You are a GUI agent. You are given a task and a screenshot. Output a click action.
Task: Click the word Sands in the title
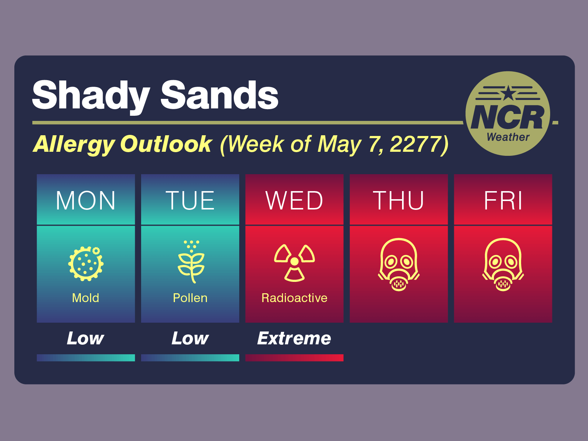[x=219, y=96]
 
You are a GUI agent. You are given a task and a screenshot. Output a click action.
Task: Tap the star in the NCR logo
[x=508, y=93]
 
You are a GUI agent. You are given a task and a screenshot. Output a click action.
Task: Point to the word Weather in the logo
[x=508, y=137]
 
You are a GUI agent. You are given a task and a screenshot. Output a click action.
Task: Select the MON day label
[x=86, y=201]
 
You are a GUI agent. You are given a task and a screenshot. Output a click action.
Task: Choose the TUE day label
[x=190, y=201]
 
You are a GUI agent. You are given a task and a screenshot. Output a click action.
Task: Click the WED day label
[x=294, y=201]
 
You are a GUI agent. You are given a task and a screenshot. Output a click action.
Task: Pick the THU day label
[x=399, y=201]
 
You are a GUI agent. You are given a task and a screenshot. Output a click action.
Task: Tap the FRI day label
[x=503, y=201]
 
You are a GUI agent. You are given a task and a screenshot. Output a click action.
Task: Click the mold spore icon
[x=86, y=263]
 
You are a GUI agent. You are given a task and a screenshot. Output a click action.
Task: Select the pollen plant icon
[x=191, y=262]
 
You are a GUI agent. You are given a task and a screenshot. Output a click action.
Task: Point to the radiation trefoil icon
[x=294, y=262]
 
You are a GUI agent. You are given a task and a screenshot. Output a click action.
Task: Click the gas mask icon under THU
[x=399, y=265]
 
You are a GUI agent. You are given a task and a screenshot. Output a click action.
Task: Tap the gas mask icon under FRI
[x=503, y=265]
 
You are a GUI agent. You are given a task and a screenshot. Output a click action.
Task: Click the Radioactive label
[x=294, y=298]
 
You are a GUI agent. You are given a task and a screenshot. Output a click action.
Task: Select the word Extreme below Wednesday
[x=294, y=338]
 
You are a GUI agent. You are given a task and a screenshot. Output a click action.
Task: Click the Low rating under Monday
[x=86, y=338]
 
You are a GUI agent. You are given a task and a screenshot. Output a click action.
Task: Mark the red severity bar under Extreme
[x=294, y=358]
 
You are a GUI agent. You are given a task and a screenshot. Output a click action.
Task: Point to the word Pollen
[x=190, y=298]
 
